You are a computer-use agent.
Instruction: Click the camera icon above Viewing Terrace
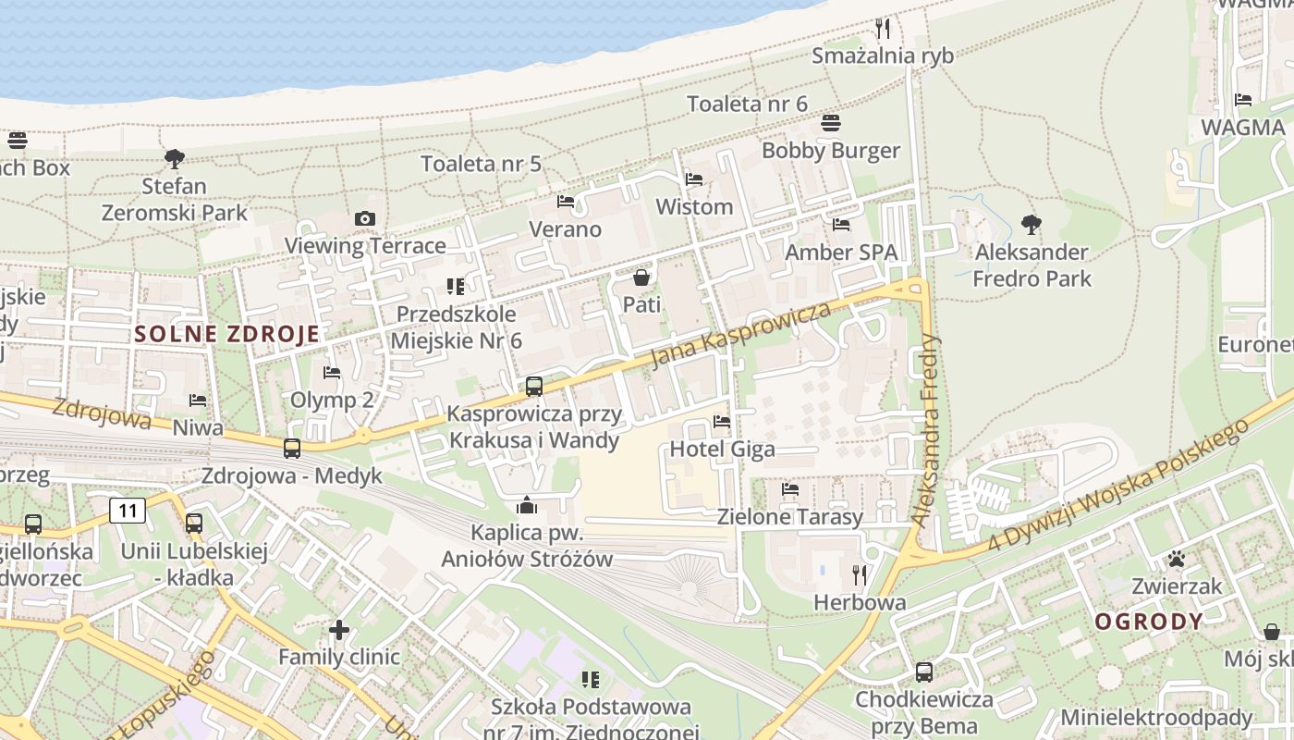coord(365,219)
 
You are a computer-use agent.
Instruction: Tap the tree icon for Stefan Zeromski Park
coord(175,159)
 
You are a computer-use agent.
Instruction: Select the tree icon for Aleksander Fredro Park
coord(1032,224)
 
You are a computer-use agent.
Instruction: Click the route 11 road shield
coord(128,510)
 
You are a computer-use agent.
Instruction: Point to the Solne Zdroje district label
coord(227,334)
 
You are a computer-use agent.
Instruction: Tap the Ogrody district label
coord(1149,622)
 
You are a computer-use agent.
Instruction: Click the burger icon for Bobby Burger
coord(830,123)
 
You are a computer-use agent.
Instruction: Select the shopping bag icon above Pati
coord(641,277)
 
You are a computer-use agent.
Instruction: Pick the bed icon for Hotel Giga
coord(722,422)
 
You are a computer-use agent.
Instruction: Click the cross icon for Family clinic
coord(339,630)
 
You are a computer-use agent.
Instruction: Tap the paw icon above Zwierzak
coord(1177,559)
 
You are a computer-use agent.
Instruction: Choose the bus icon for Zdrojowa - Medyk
coord(292,449)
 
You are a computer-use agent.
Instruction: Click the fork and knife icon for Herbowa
coord(860,575)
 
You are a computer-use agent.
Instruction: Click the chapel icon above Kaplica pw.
coord(527,505)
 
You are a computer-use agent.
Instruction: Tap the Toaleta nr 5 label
coord(481,164)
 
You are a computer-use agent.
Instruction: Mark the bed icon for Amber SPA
coord(841,224)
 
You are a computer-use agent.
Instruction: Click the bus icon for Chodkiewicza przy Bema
coord(923,672)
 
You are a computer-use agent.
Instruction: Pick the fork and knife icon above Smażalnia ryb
coord(883,29)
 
